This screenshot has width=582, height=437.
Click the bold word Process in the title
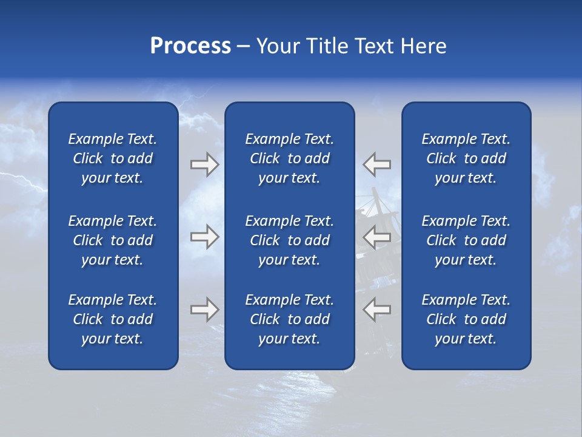coord(190,46)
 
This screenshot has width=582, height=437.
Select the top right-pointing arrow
coord(204,164)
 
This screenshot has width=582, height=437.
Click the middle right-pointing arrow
coord(204,237)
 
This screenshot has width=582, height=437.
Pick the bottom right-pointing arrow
coord(204,310)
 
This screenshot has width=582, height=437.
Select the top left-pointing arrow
coord(377,164)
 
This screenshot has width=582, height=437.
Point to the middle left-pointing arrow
coord(377,237)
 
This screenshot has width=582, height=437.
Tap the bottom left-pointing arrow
coord(377,310)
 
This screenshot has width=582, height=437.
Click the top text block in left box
coord(113,158)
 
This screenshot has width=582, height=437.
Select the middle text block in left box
coord(113,240)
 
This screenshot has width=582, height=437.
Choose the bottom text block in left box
coord(113,319)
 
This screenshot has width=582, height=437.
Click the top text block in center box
coord(289,158)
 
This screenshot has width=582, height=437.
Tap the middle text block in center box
coord(289,240)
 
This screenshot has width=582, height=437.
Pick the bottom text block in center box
coord(289,319)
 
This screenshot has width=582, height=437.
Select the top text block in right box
coord(466,158)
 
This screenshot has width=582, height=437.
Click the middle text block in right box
coord(466,240)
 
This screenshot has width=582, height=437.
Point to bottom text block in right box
coord(466,319)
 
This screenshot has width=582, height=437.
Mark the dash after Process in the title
coord(243,47)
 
